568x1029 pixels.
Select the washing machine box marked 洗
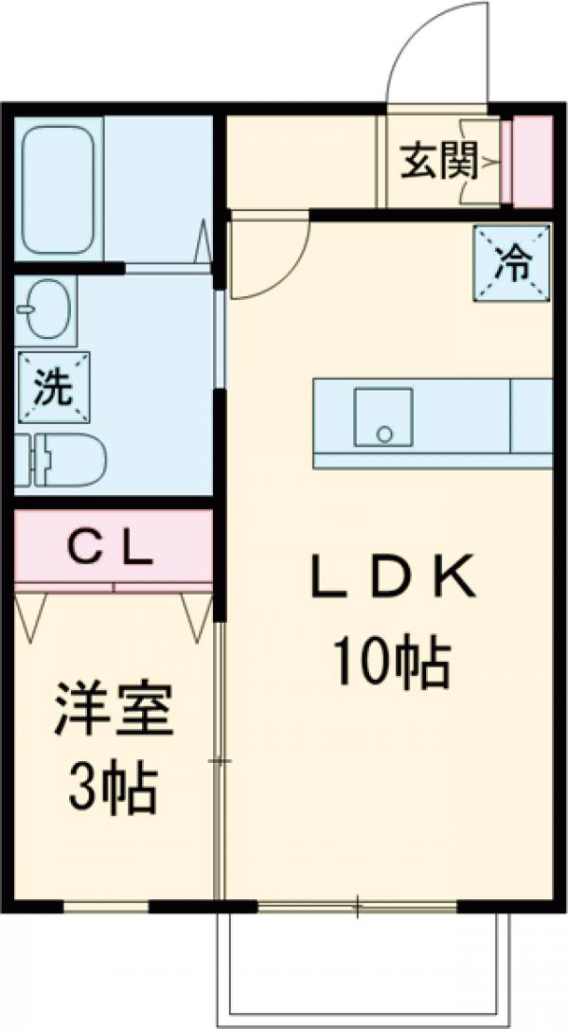pyautogui.click(x=53, y=387)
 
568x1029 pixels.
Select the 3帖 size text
pyautogui.click(x=112, y=790)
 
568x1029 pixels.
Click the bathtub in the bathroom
pyautogui.click(x=58, y=190)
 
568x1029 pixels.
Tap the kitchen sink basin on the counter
pyautogui.click(x=382, y=417)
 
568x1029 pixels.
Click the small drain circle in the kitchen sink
pyautogui.click(x=383, y=434)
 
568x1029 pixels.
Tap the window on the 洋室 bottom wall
pyautogui.click(x=106, y=906)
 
